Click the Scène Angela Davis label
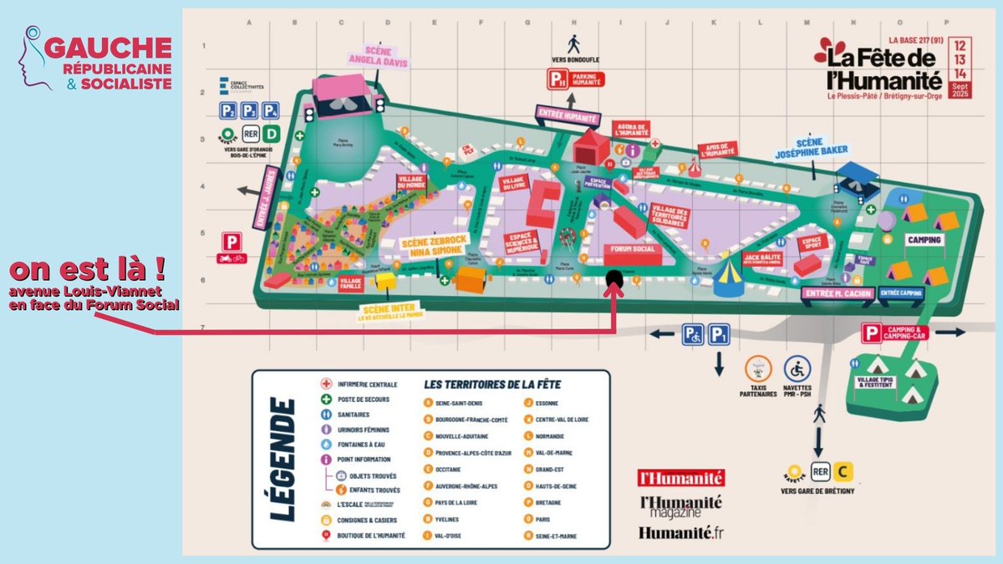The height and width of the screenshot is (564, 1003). coord(369,54)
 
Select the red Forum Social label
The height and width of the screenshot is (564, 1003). coord(633,250)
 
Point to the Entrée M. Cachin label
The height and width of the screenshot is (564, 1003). coord(836,293)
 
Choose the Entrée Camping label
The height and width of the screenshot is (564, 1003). coord(900,293)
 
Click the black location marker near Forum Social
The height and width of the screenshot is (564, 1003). coord(614,279)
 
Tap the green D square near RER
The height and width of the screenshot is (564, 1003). coord(271,134)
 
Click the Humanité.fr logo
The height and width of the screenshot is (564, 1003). coord(680,532)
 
